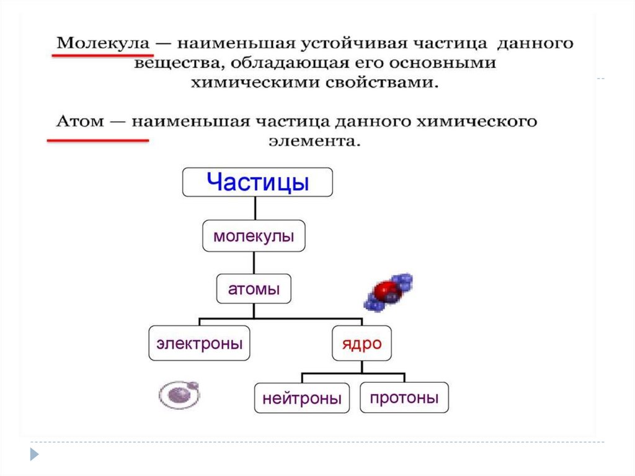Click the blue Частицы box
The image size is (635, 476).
(257, 182)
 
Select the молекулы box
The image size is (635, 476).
(254, 236)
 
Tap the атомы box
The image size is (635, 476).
(254, 289)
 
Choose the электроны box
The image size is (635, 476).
(199, 343)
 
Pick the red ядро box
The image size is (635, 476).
(362, 343)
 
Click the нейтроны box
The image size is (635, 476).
(301, 398)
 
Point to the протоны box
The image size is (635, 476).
(404, 397)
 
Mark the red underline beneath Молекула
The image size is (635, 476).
(94, 56)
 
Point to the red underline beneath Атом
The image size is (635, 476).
(98, 140)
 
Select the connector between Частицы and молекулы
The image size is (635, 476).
(254, 208)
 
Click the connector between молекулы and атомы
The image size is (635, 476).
(254, 263)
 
